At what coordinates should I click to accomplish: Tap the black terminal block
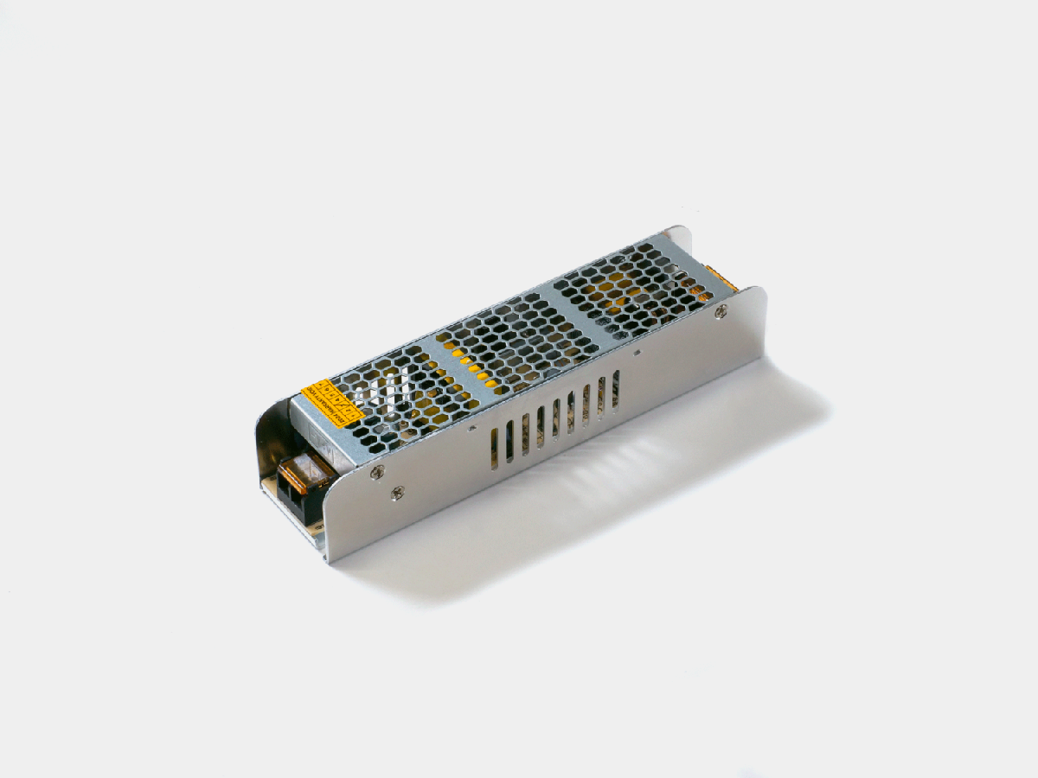pos(298,497)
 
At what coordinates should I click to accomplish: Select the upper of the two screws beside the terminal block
pos(377,472)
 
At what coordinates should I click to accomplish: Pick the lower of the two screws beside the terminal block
pos(397,494)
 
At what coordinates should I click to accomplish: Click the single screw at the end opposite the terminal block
pos(721,312)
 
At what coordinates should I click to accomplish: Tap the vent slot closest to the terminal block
pos(495,448)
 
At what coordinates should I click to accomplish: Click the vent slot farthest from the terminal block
pos(616,388)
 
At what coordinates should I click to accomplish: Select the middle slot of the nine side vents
pos(555,418)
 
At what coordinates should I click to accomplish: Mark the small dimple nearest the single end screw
pos(638,353)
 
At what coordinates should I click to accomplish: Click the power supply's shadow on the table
pos(605,484)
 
